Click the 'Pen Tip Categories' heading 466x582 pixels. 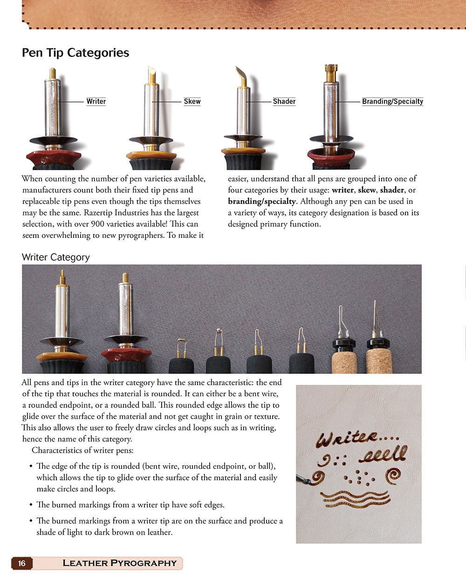coord(75,53)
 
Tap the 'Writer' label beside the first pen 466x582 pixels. coord(96,102)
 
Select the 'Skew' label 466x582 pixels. coord(192,102)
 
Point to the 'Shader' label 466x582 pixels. coord(284,102)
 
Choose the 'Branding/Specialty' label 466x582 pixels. coord(393,102)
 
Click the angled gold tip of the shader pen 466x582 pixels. coord(241,76)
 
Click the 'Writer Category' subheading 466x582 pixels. coord(56,257)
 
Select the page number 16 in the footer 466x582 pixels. coord(21,563)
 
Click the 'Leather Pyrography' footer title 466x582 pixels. coord(119,563)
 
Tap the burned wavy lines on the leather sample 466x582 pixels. coord(355,499)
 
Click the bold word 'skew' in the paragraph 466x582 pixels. coord(367,190)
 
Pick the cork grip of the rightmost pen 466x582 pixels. coord(379,362)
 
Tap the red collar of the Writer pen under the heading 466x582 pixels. coord(54,158)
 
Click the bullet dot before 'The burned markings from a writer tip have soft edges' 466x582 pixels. coord(31,505)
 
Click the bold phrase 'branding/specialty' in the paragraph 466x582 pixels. coord(261,202)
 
